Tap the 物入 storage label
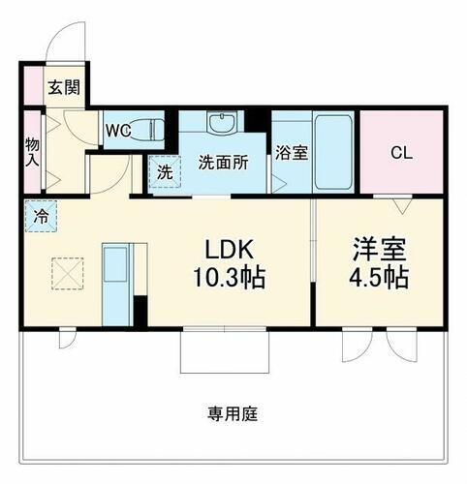pos(32,150)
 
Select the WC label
pos(119,129)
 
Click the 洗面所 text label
pos(224,163)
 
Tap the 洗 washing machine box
pos(164,173)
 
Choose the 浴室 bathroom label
pos(290,152)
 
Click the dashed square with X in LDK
pos(68,272)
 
